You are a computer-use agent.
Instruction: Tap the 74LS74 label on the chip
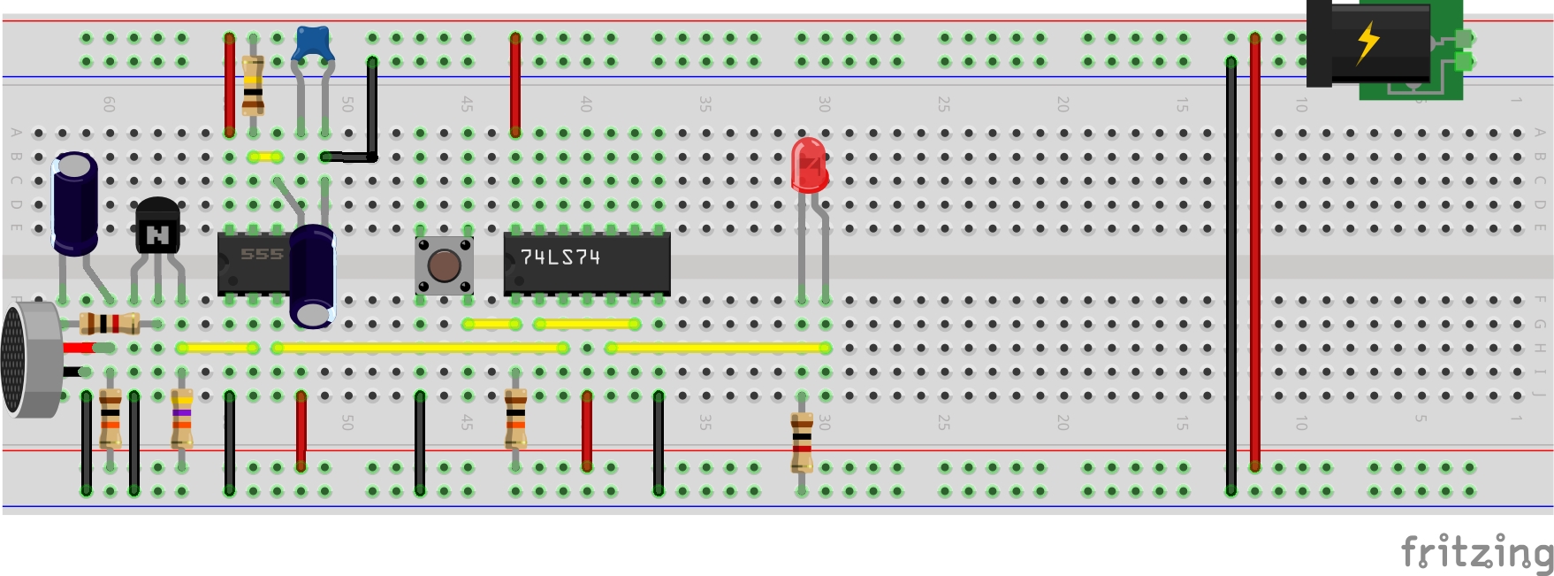click(x=560, y=257)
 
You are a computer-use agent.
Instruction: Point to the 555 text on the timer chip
click(x=262, y=255)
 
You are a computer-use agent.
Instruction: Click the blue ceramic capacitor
click(x=311, y=43)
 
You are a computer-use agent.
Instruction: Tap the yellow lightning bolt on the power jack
click(x=1367, y=42)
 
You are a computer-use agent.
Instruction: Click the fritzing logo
click(x=1476, y=552)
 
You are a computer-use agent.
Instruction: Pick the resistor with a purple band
click(x=182, y=419)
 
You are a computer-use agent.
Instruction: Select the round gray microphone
click(x=27, y=358)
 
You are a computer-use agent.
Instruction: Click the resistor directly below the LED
click(x=802, y=441)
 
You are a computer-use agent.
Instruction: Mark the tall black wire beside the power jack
click(x=1231, y=274)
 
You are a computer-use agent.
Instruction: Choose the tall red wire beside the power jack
click(x=1255, y=252)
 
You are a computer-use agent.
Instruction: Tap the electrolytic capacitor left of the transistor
click(x=75, y=204)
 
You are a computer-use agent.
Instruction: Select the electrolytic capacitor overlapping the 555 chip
click(x=312, y=274)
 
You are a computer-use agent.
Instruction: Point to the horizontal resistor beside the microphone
click(x=110, y=324)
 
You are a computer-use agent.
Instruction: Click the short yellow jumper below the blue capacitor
click(x=265, y=157)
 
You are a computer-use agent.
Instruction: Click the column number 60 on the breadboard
click(x=110, y=104)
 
